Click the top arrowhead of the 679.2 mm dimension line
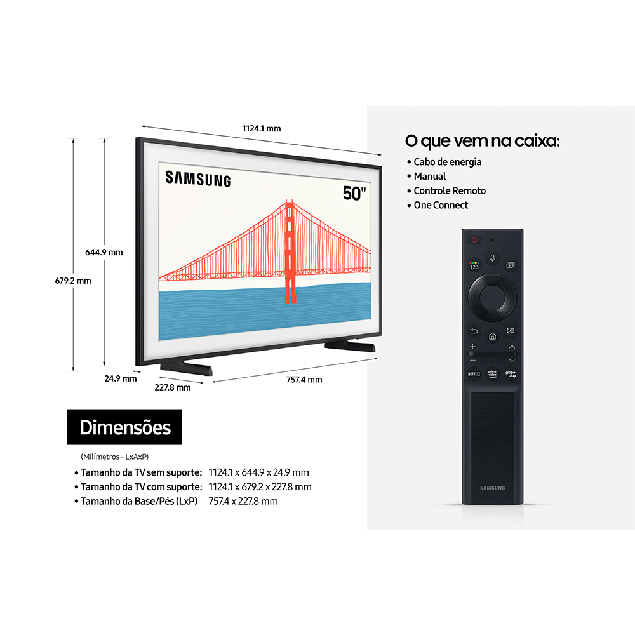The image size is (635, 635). [73, 139]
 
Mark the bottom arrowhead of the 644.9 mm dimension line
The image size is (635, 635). [104, 364]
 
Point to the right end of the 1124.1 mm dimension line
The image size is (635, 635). [380, 154]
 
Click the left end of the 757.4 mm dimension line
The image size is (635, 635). [213, 382]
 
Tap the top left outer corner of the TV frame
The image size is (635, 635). [137, 138]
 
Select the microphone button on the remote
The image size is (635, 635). [493, 258]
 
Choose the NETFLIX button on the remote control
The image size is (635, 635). [474, 374]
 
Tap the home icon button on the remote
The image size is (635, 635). [493, 336]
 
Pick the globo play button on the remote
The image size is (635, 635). [511, 374]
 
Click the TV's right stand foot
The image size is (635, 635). [351, 345]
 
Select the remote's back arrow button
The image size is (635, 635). [474, 331]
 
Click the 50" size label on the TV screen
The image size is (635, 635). [354, 193]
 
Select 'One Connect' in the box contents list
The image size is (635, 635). [441, 205]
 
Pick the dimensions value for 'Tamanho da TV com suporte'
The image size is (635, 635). [260, 487]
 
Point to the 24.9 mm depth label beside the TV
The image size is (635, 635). [121, 378]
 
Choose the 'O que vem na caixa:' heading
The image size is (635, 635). [483, 141]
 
